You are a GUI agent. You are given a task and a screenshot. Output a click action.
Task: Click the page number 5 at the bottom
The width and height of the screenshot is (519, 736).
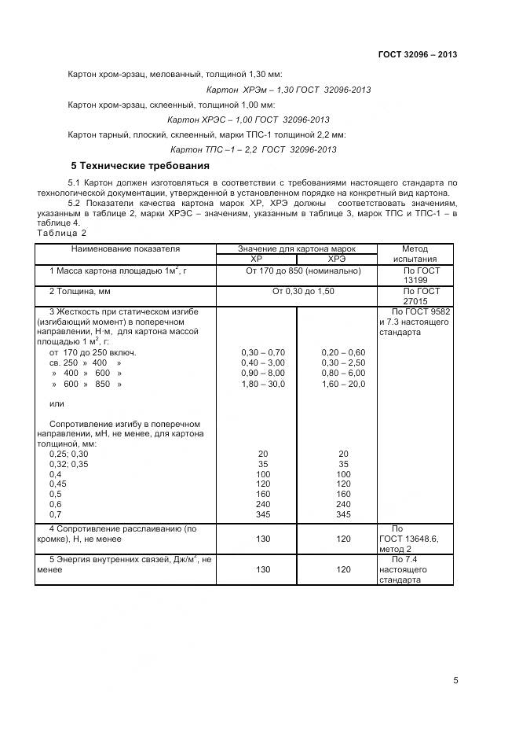[x=455, y=681]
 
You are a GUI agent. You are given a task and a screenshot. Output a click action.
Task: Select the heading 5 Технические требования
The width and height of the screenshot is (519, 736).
[x=141, y=166]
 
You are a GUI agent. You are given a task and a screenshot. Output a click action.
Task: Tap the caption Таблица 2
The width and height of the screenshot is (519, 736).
[x=61, y=233]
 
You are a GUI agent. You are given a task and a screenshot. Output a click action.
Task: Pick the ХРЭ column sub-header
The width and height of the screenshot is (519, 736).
[x=336, y=259]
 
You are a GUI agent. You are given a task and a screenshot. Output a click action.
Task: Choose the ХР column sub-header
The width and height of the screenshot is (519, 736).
[x=256, y=259]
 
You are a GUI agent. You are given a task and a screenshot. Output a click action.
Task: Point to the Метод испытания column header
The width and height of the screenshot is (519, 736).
[x=415, y=253]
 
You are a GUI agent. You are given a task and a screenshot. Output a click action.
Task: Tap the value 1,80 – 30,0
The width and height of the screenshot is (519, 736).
[x=264, y=385]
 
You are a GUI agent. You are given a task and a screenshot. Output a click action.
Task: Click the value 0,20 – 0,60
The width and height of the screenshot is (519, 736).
[x=343, y=352]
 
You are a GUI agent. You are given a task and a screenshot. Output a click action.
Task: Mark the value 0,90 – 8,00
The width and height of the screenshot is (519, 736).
[x=264, y=374]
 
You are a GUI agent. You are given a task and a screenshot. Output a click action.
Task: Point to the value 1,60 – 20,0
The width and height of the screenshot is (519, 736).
[x=343, y=385]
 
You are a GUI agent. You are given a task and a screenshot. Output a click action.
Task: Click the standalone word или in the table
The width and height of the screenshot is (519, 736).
[x=56, y=404]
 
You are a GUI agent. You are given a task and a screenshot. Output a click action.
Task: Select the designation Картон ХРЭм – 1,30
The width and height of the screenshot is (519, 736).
[x=239, y=90]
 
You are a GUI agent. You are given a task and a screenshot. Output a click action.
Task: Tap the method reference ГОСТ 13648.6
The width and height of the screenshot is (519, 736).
[x=411, y=539]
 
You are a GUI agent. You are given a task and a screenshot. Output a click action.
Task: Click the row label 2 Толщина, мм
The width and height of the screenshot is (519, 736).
[x=81, y=291]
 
